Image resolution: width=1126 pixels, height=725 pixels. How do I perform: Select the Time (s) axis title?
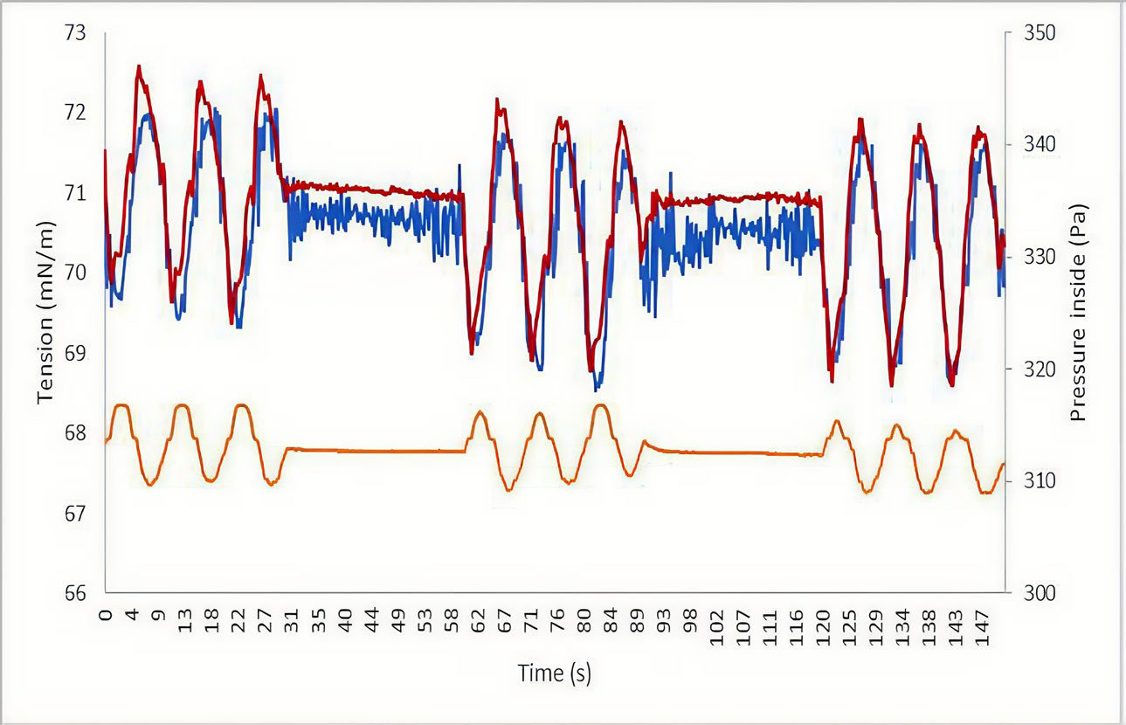[x=555, y=673]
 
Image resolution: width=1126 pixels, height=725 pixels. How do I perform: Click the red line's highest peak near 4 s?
[x=139, y=66]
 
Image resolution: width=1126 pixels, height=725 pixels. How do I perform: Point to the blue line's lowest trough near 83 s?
[x=596, y=388]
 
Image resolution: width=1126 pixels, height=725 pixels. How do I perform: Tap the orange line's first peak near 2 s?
[x=121, y=405]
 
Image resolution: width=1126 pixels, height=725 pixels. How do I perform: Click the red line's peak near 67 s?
[x=498, y=100]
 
